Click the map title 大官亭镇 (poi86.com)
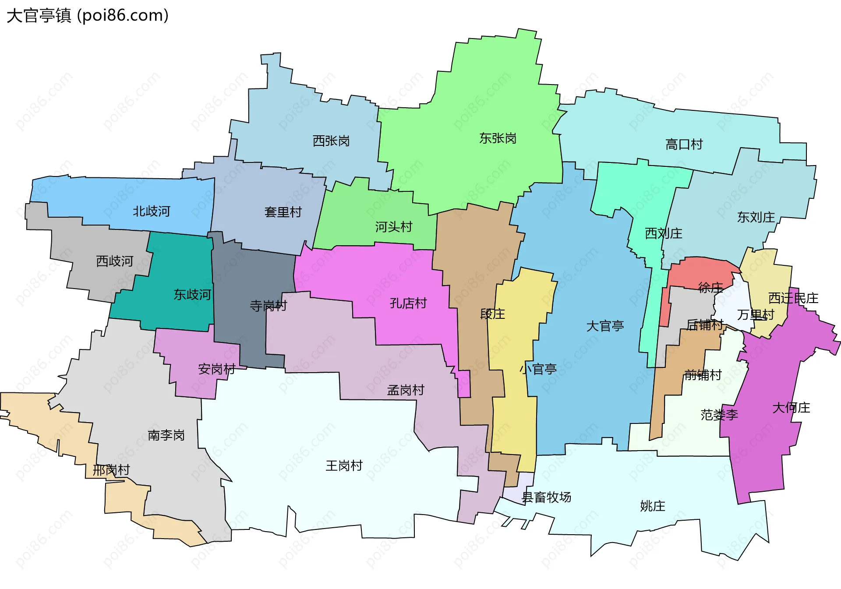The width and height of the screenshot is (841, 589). (88, 16)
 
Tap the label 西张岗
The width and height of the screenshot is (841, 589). (331, 141)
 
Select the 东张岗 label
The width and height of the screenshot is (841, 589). (498, 138)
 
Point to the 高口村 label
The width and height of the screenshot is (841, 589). (684, 145)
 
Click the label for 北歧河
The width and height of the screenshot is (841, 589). (152, 212)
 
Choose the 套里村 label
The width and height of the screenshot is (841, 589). (283, 212)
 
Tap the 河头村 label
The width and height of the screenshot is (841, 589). (393, 227)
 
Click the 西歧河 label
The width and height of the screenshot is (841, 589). (115, 261)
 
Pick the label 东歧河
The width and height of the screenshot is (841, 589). (192, 295)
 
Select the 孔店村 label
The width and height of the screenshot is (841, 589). (408, 303)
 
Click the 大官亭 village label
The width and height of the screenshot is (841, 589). (605, 326)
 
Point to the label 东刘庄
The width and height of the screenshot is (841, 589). (756, 217)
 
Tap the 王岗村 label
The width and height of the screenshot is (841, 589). (344, 466)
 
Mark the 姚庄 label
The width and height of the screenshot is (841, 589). (653, 506)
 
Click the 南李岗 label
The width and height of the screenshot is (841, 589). (166, 435)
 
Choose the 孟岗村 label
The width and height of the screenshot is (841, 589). (406, 390)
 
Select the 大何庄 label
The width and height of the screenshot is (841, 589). (791, 408)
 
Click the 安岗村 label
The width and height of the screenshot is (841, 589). (217, 369)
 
